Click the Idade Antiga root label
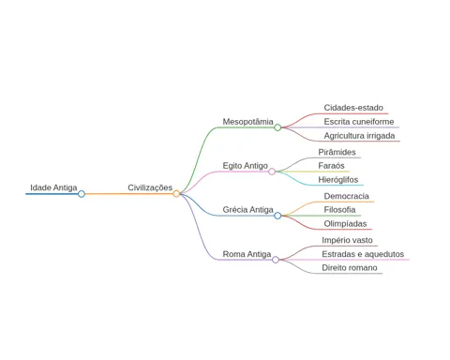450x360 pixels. click(x=53, y=187)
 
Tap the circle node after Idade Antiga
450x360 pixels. click(x=82, y=194)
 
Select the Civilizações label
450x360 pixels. click(x=150, y=187)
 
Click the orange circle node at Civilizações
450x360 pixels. click(x=176, y=194)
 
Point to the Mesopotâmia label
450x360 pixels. click(x=247, y=122)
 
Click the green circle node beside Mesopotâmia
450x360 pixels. click(x=277, y=127)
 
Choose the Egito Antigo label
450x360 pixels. click(x=246, y=166)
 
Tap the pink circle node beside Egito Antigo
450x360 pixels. click(x=272, y=172)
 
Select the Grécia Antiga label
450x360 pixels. click(x=247, y=210)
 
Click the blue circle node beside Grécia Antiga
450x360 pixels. click(x=277, y=216)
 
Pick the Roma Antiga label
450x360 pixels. click(x=247, y=254)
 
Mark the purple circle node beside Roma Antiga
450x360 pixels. click(x=276, y=260)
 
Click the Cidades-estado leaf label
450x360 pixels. click(x=353, y=108)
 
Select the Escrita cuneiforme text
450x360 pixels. click(x=359, y=122)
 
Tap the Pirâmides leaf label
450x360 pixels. click(x=337, y=152)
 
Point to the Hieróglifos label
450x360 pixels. click(x=338, y=180)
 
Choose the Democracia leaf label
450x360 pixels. click(x=346, y=196)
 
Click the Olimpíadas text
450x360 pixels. click(x=345, y=224)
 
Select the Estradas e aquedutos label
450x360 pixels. click(x=363, y=254)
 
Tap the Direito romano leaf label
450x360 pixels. click(x=350, y=268)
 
